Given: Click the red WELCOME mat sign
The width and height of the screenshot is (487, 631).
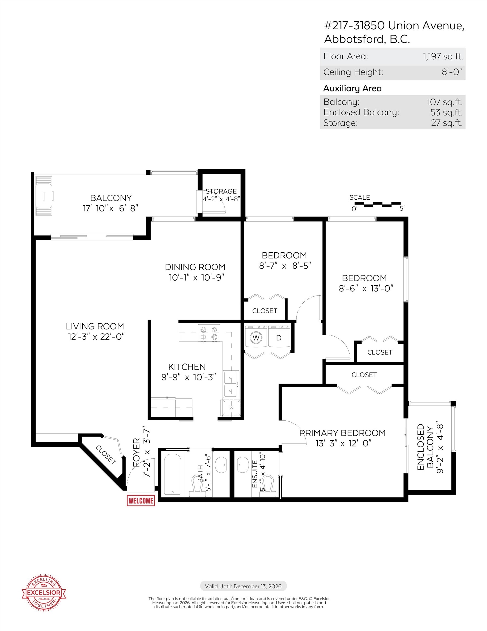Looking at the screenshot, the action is [x=141, y=501].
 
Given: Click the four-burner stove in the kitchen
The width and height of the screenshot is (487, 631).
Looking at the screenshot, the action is [x=209, y=333].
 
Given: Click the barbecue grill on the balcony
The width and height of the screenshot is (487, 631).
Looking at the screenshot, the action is [x=44, y=196].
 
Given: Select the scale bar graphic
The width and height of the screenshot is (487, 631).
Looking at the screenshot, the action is [x=377, y=205].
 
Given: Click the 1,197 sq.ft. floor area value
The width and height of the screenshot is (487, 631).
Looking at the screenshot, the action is [x=443, y=56].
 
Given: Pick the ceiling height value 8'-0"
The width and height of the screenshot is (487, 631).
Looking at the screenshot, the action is [x=452, y=72].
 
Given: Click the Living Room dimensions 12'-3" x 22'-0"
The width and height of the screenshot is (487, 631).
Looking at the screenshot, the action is [x=96, y=337].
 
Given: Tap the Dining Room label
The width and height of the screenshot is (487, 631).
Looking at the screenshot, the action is [x=195, y=267].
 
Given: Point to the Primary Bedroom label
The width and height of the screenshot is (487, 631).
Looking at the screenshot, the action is [x=342, y=433].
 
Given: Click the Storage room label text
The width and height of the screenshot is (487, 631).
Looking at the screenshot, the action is [x=221, y=191].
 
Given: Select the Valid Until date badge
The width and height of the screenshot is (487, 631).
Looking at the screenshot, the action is [x=243, y=586].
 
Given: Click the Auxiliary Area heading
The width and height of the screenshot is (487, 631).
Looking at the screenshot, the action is [x=352, y=88].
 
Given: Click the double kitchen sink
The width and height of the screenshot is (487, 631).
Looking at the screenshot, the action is [x=231, y=383].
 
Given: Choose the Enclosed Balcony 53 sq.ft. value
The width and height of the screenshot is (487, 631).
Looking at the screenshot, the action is [x=446, y=112].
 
